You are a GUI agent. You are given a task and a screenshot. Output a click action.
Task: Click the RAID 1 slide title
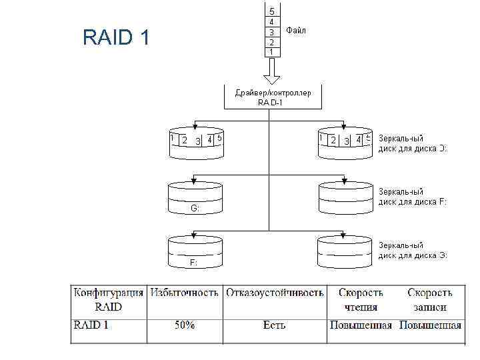[x=116, y=38]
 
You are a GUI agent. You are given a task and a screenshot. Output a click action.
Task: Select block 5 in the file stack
[x=271, y=11]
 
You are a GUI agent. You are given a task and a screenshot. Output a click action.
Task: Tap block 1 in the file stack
[x=271, y=51]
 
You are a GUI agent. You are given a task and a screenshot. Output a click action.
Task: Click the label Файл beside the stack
[x=296, y=31]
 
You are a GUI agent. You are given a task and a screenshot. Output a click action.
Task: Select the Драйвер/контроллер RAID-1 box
[x=272, y=97]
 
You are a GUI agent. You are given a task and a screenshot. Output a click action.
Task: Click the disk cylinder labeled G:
[x=195, y=199]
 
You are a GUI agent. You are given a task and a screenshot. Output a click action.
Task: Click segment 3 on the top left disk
[x=198, y=141]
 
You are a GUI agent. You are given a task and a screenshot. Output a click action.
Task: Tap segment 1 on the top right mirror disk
[x=322, y=139]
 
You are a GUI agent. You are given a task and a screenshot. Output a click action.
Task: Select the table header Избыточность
[x=185, y=293]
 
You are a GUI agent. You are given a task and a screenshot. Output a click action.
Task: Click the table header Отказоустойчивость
[x=275, y=293]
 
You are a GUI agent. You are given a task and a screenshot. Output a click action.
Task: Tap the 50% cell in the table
[x=185, y=325]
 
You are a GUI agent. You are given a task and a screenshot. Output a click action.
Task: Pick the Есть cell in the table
[x=274, y=325]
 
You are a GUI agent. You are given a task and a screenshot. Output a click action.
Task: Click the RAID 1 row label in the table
[x=91, y=325]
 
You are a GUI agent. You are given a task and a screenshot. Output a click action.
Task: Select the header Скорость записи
[x=430, y=300]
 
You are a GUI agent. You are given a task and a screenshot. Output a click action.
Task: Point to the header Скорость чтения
[x=361, y=300]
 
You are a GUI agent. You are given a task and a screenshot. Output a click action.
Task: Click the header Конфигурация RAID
[x=108, y=300]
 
